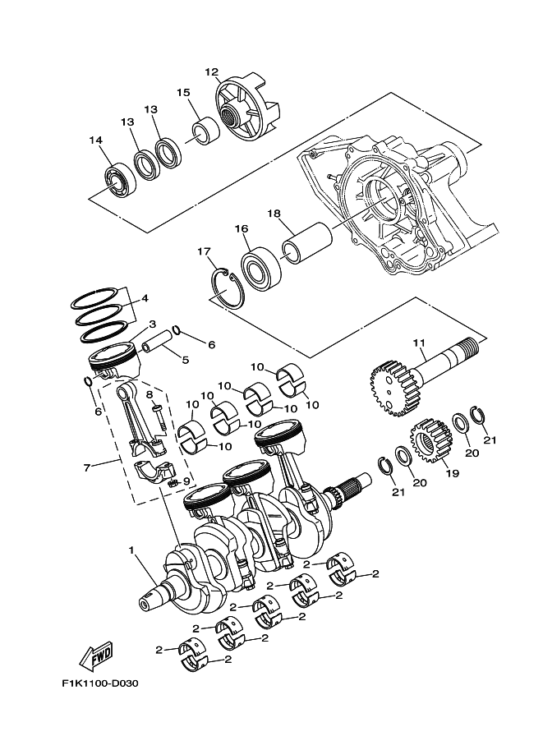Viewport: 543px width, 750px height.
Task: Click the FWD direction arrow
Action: tap(96, 656)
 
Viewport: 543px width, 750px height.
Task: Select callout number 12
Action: tap(212, 72)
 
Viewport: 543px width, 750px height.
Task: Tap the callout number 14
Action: tap(96, 140)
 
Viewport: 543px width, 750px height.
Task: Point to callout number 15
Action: tap(183, 93)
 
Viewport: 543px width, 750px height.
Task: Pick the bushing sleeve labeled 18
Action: tap(306, 245)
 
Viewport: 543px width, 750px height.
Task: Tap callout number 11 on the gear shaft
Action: tap(420, 342)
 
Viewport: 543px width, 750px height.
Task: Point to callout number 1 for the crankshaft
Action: tap(131, 549)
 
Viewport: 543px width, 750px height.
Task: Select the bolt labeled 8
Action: tap(159, 412)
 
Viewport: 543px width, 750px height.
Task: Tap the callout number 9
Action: tap(186, 481)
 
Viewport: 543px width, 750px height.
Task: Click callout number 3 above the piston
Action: tap(152, 324)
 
